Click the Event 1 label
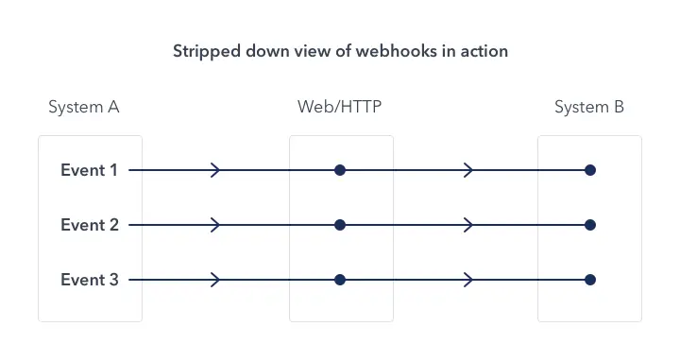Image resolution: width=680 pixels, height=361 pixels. click(x=89, y=171)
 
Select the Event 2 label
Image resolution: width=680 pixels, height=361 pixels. click(x=89, y=226)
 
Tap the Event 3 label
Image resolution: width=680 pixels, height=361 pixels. click(x=89, y=281)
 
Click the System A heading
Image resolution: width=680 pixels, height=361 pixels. click(x=84, y=107)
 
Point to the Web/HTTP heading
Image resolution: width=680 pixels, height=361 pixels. click(x=340, y=107)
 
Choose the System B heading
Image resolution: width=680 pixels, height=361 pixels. click(x=589, y=107)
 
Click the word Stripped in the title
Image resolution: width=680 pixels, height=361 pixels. click(x=203, y=51)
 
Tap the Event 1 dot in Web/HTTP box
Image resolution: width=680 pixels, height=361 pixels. click(x=340, y=171)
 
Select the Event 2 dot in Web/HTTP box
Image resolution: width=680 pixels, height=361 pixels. click(x=340, y=226)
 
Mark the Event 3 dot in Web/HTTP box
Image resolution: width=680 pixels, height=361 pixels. click(x=340, y=281)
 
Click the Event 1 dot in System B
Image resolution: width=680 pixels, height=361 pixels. click(x=590, y=171)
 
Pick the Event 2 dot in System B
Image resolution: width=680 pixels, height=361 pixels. click(x=590, y=226)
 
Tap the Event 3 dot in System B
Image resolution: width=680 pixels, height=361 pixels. click(x=590, y=281)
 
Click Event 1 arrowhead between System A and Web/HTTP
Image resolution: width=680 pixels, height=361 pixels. click(x=216, y=171)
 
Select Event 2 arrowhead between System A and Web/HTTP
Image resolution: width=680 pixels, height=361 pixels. click(x=216, y=226)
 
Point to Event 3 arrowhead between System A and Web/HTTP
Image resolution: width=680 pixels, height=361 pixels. click(x=216, y=281)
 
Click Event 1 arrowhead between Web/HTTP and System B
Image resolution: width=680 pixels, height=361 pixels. click(x=468, y=171)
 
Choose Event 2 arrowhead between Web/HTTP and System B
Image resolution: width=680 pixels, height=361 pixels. click(x=468, y=226)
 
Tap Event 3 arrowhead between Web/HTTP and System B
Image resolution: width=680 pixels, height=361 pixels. click(x=468, y=281)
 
